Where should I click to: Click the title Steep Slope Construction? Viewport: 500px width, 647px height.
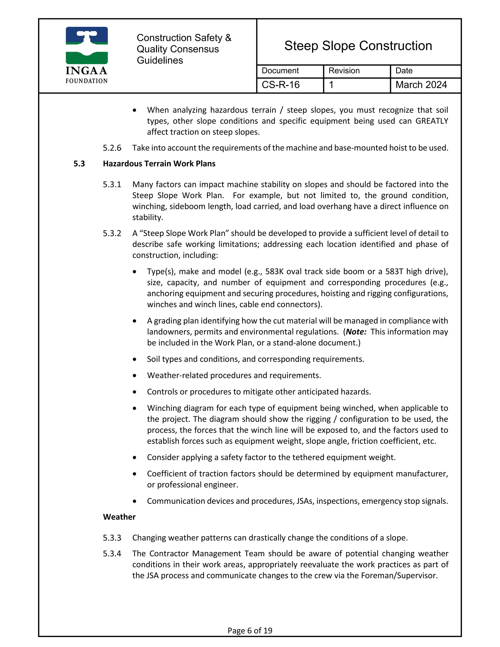point(358,46)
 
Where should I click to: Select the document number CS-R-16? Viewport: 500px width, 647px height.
point(281,85)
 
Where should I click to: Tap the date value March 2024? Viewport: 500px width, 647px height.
point(421,85)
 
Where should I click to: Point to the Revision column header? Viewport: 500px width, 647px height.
point(344,71)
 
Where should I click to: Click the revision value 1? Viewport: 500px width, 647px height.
point(331,85)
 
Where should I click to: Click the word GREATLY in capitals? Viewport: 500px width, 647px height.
point(432,121)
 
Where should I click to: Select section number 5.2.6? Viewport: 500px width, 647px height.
point(112,148)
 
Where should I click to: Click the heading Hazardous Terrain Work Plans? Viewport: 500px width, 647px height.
point(159,164)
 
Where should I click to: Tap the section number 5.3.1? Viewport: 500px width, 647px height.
point(112,185)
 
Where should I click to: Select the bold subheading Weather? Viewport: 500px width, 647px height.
point(119,517)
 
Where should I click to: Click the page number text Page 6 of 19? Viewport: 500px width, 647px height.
point(250,630)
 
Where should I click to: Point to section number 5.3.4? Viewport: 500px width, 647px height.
point(112,553)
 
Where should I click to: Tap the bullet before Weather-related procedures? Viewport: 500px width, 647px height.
point(135,376)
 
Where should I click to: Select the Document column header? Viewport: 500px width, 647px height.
point(280,71)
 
